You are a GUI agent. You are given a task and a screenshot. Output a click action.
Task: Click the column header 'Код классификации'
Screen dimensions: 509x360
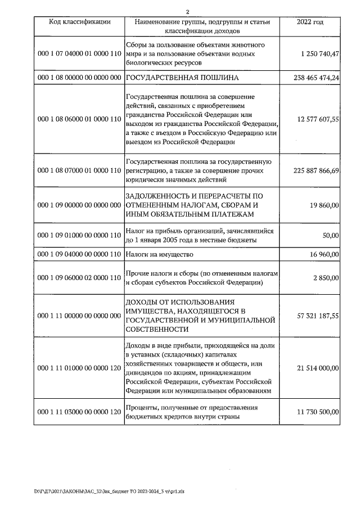click(79, 22)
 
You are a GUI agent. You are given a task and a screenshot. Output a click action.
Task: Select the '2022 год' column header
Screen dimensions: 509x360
click(310, 22)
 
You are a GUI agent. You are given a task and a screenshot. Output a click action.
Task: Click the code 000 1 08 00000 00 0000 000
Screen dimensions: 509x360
click(79, 77)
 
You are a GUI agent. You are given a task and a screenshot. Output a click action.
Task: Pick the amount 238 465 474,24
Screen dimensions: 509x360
click(316, 77)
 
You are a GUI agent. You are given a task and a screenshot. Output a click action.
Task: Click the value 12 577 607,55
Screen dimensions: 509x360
click(317, 119)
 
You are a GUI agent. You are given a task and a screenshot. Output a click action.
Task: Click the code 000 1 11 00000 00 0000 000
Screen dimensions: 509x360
click(79, 316)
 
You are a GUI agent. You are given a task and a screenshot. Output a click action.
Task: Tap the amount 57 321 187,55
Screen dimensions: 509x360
click(317, 316)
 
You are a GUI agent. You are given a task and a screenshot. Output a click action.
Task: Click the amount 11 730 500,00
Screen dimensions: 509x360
click(317, 412)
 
